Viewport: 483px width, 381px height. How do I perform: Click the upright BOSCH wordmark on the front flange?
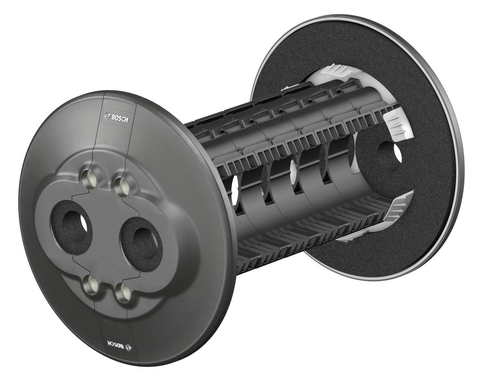[120, 118]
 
